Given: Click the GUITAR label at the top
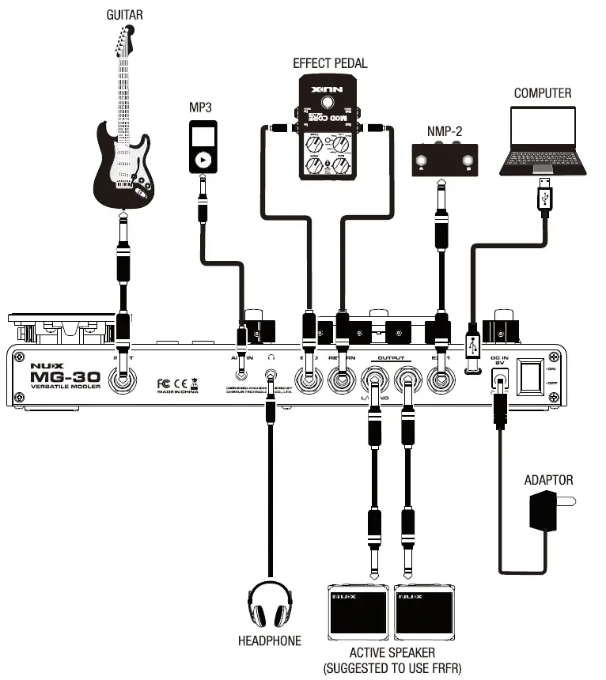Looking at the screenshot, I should pos(124,14).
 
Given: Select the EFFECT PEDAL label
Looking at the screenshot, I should pos(330,63).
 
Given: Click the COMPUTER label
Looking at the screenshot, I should pos(542,93).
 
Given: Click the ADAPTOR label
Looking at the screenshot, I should pos(548,480).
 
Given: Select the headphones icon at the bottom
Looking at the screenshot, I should pos(271,604).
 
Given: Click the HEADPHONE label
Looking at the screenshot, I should pos(270,640).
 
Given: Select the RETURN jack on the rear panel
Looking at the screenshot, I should pos(342,380).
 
